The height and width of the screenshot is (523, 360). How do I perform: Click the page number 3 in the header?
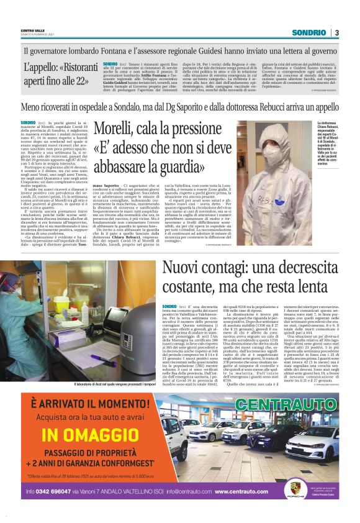(336, 32)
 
